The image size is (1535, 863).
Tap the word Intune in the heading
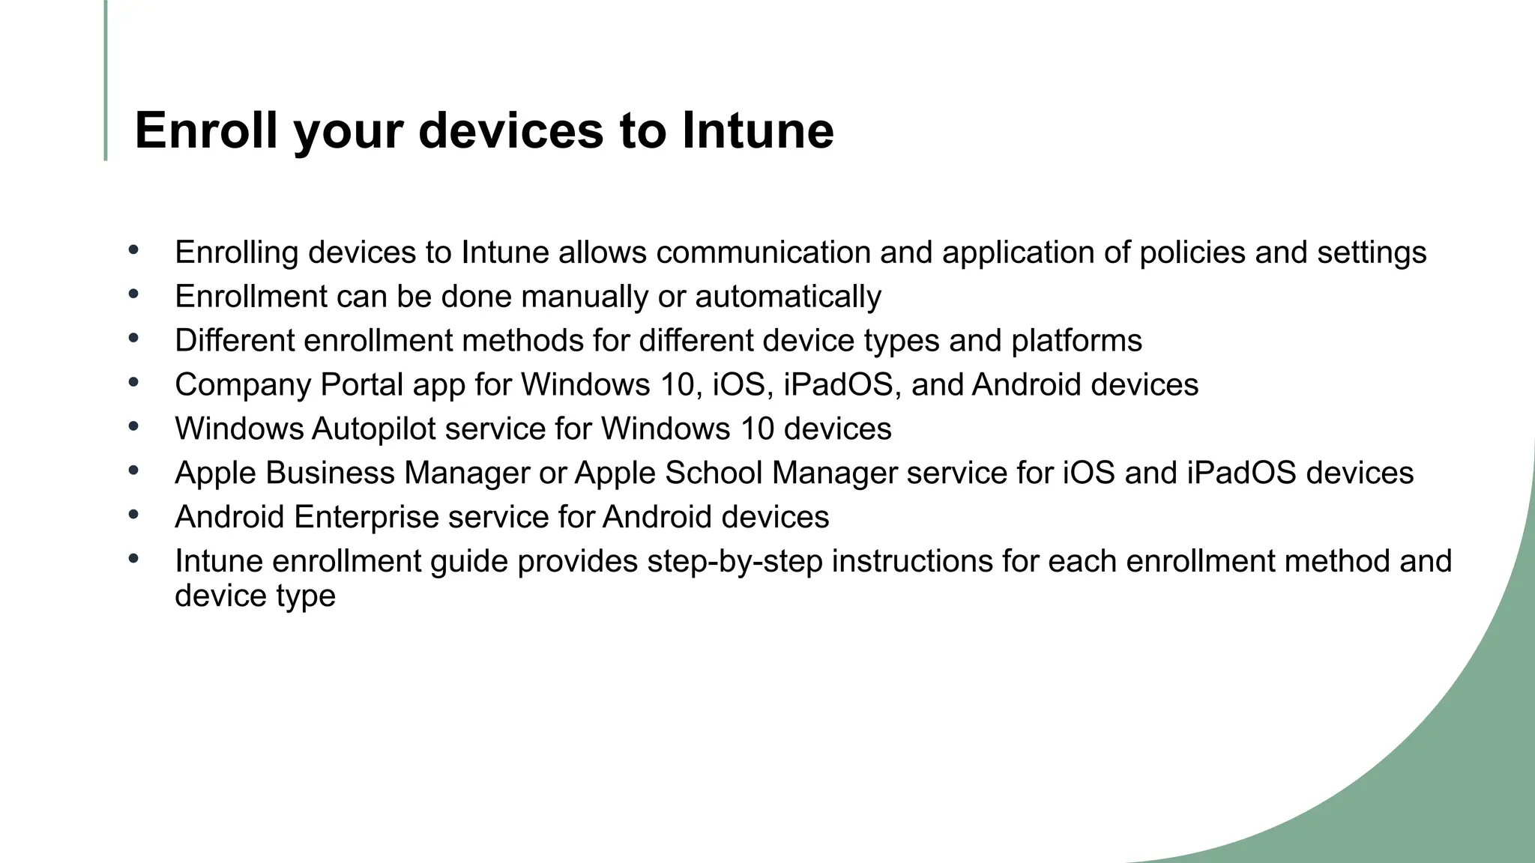pos(758,130)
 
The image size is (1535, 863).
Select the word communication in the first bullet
pos(763,252)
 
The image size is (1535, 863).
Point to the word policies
pos(1192,252)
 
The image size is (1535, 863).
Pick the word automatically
pos(788,297)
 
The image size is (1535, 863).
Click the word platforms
pos(1076,341)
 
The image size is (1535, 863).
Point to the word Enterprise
pos(367,518)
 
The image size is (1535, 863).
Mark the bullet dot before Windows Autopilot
pos(133,426)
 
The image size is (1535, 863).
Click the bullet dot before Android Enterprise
pos(133,515)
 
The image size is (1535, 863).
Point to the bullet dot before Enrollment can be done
pos(133,294)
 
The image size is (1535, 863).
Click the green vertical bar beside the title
pos(106,80)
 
